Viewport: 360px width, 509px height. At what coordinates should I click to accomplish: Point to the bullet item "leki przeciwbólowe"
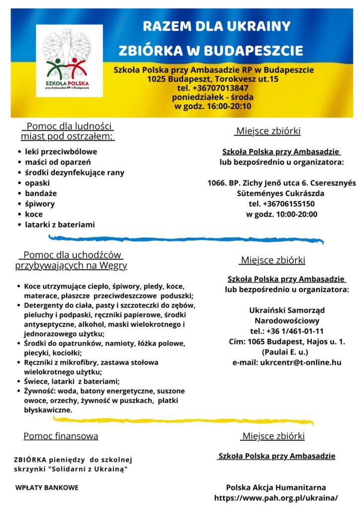61,152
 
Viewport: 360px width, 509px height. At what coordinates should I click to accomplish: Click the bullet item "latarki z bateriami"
60,225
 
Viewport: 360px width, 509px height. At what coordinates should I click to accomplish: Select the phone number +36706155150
282,204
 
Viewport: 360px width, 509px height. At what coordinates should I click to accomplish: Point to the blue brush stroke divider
189,239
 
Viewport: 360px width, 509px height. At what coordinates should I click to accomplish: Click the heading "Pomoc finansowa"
61,436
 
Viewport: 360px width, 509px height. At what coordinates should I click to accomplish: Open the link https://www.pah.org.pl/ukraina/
276,498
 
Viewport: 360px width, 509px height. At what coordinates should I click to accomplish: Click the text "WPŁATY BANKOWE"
47,488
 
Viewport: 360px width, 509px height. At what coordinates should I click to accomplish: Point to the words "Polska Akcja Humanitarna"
276,488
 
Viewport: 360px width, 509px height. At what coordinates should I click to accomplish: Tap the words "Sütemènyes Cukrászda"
281,193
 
